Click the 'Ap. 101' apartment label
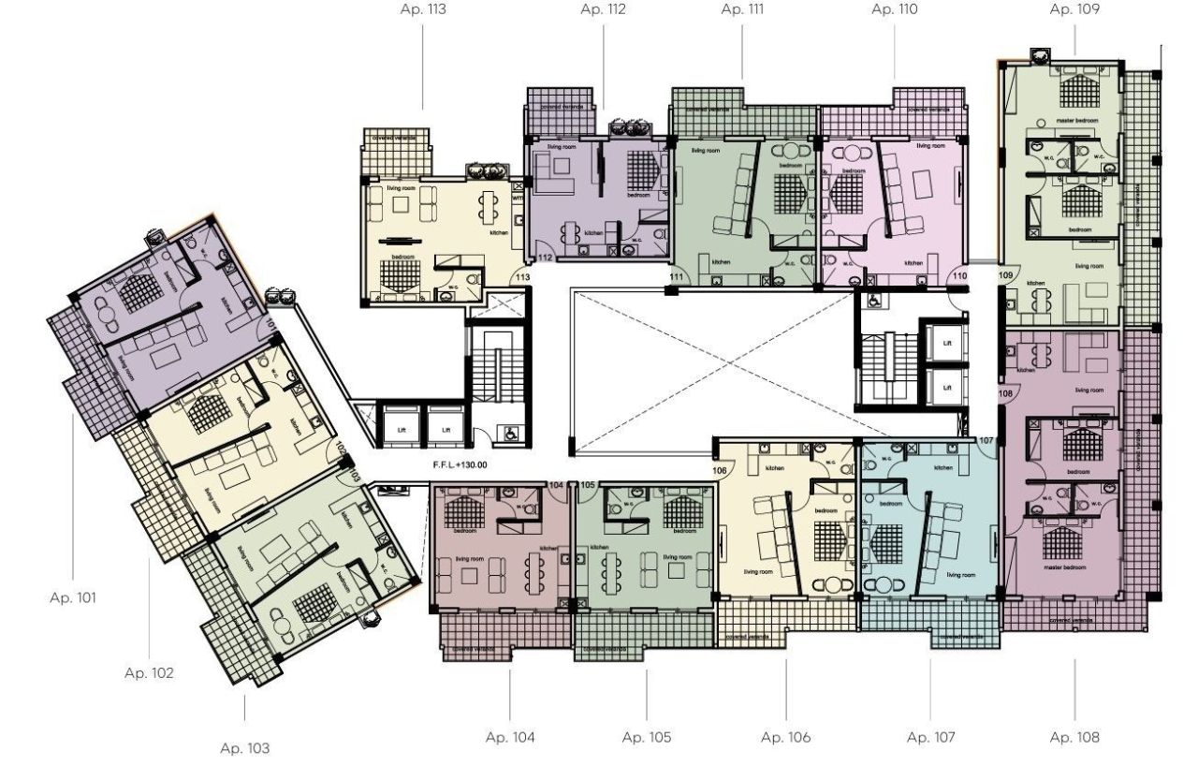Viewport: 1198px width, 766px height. click(x=72, y=597)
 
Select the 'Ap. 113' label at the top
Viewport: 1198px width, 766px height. click(x=423, y=10)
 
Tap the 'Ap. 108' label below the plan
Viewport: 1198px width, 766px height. click(x=1074, y=737)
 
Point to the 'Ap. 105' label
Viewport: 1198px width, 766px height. click(x=647, y=737)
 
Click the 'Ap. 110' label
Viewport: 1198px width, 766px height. click(x=895, y=10)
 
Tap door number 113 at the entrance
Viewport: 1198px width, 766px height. click(x=522, y=277)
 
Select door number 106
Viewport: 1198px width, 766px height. click(x=720, y=470)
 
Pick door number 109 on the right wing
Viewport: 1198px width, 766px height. click(x=1006, y=275)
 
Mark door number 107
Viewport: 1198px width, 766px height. click(x=985, y=440)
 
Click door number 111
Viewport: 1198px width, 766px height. click(x=678, y=277)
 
